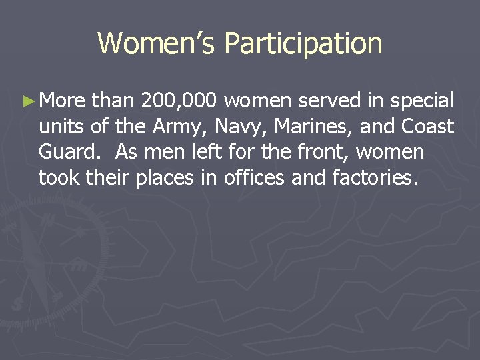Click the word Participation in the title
303,44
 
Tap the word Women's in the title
157,44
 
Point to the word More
62,101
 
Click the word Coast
428,127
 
